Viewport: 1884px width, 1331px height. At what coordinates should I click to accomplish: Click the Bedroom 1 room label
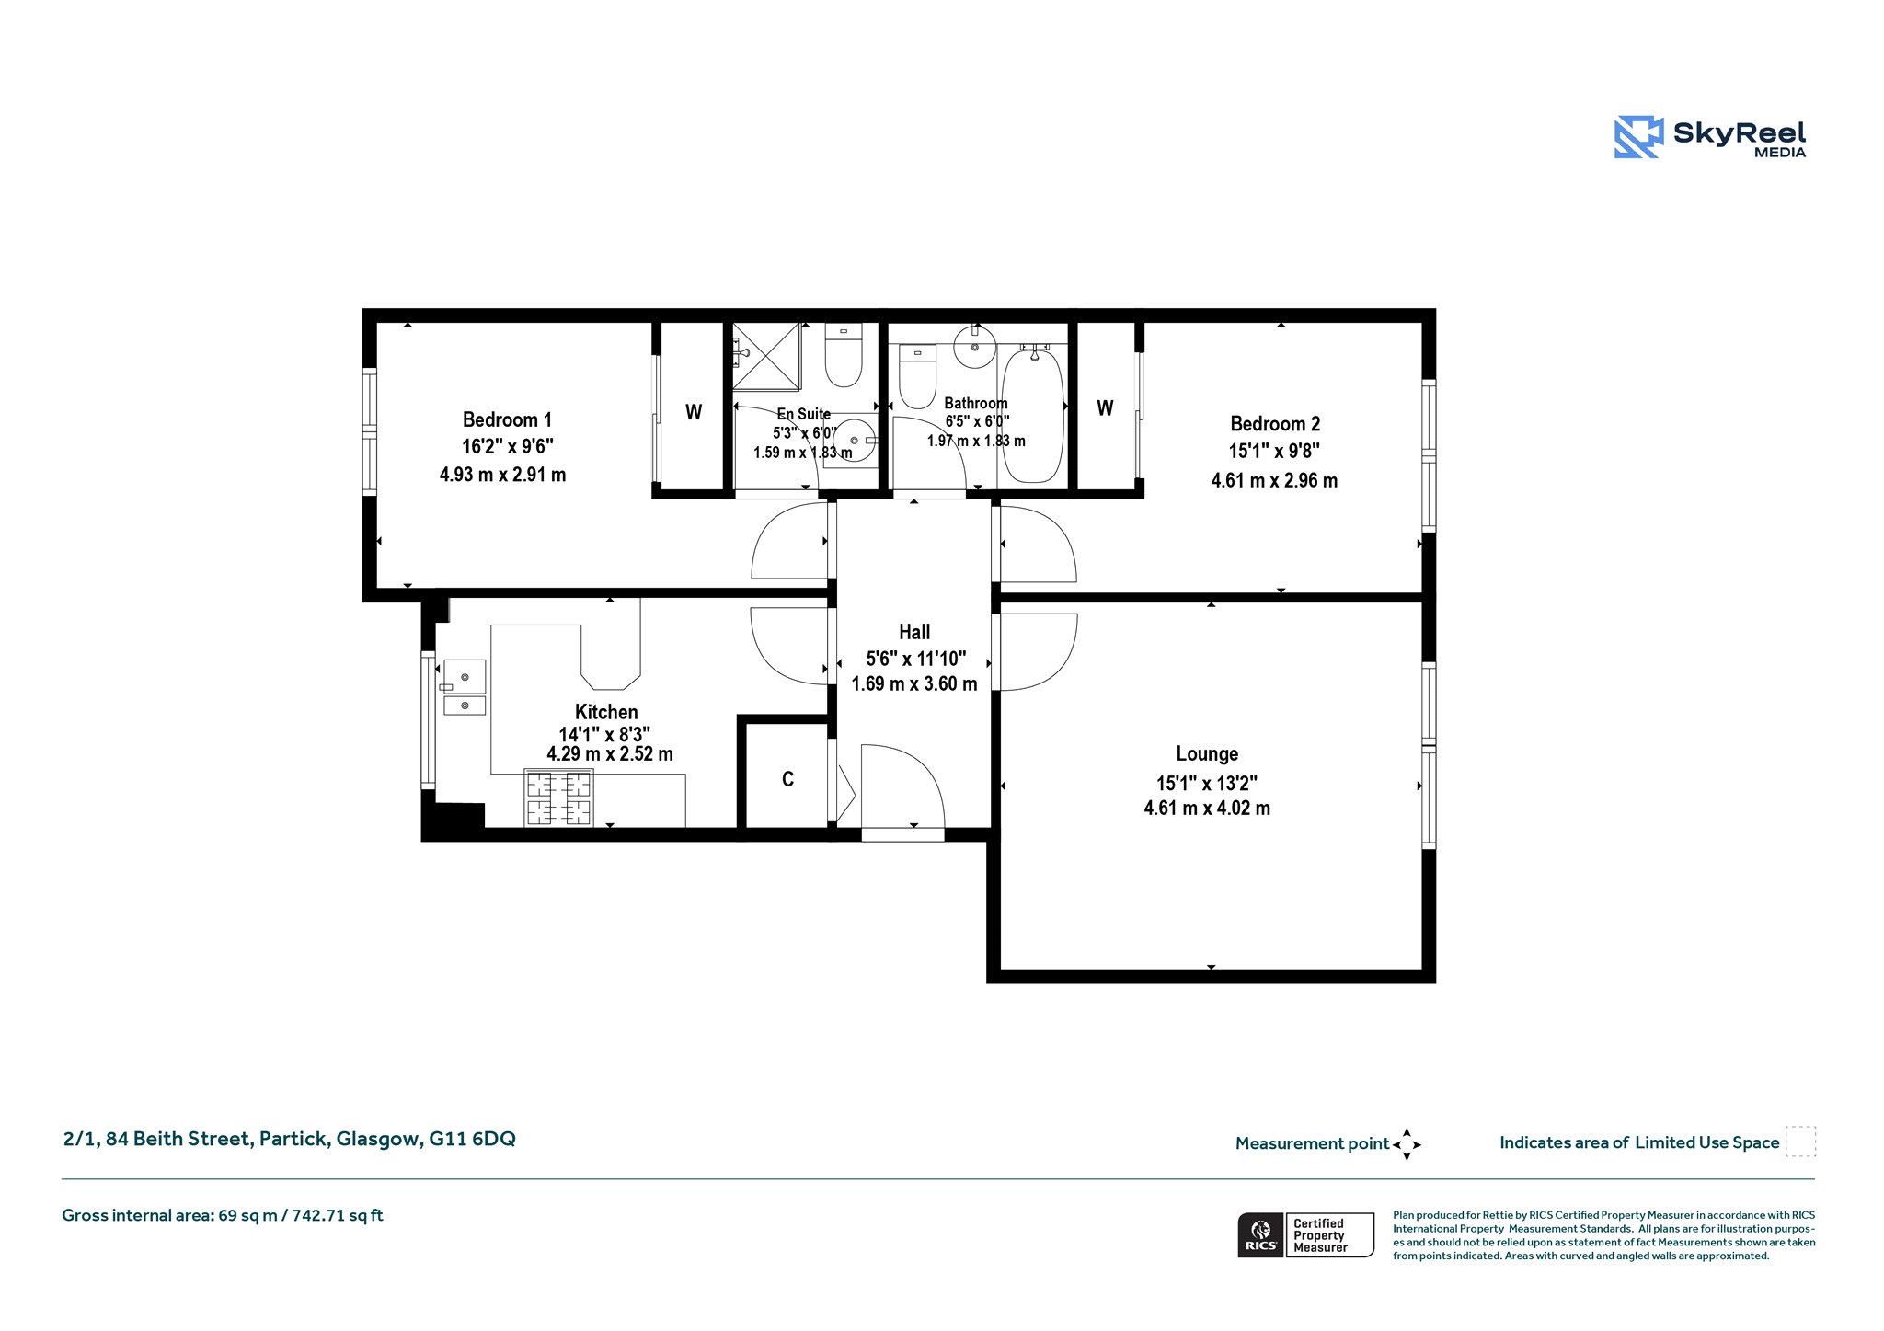pos(507,420)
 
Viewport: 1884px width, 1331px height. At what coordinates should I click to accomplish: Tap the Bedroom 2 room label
pos(1275,424)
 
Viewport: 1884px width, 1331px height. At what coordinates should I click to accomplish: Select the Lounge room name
pos(1207,754)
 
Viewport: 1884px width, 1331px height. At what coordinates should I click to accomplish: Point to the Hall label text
pos(914,632)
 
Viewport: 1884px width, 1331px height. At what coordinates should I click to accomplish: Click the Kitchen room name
pos(606,712)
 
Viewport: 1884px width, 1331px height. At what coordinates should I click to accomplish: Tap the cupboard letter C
pos(787,779)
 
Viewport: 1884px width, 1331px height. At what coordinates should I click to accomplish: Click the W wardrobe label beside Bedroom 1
pos(694,412)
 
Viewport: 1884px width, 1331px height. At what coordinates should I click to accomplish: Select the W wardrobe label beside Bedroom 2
pos(1105,407)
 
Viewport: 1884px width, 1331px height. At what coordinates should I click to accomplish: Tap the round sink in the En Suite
pos(855,441)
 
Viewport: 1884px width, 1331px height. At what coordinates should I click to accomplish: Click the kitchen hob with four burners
pos(558,797)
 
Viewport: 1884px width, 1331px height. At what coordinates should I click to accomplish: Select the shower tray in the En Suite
pos(766,357)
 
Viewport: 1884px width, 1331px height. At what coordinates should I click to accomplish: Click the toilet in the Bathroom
pos(917,376)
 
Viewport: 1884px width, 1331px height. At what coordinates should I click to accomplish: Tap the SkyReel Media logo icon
pos(1639,137)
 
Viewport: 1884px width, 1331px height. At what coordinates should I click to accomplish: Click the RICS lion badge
pos(1261,1234)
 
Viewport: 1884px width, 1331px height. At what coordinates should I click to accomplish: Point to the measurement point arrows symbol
pos(1407,1144)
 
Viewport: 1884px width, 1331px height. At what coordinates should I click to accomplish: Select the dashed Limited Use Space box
pos(1800,1142)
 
